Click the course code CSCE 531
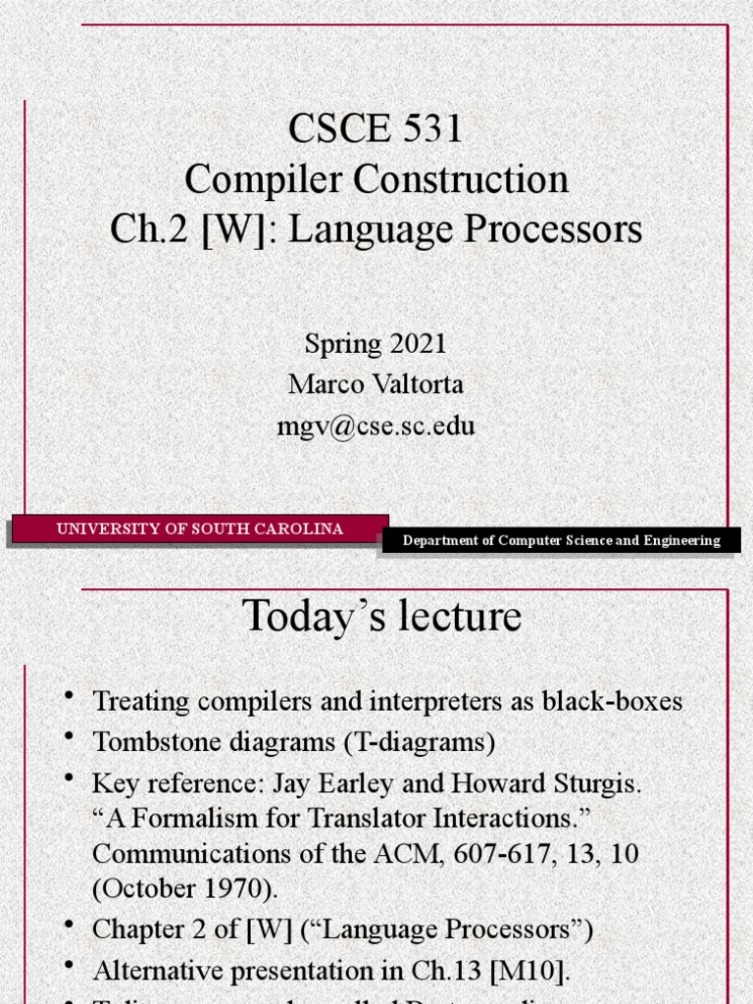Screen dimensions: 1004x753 coord(376,128)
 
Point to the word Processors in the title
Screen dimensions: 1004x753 coord(562,229)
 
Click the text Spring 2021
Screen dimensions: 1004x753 coord(376,343)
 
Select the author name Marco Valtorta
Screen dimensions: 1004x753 coord(376,384)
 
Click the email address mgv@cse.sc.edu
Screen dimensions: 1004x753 coord(376,427)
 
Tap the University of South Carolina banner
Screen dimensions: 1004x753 coord(200,529)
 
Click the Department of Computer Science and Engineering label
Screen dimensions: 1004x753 coord(562,540)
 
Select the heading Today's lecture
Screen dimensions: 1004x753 coord(381,617)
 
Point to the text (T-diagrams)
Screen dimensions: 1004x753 coord(420,742)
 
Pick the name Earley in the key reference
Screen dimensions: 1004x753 coord(352,784)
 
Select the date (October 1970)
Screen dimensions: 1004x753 coord(185,888)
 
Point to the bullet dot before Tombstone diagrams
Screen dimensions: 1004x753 coord(69,737)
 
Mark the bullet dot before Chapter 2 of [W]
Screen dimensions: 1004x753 coord(69,924)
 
